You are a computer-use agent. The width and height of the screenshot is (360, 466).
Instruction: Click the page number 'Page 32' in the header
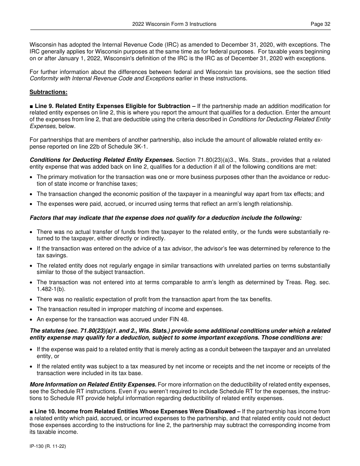tap(320, 24)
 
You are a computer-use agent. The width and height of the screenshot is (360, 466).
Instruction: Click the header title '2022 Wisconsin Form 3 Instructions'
tap(174, 24)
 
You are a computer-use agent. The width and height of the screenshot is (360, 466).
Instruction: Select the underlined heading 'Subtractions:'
tap(49, 92)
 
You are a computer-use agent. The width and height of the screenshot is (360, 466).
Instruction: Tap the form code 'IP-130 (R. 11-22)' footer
tap(48, 447)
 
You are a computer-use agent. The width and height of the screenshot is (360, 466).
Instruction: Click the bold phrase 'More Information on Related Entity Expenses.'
tap(93, 385)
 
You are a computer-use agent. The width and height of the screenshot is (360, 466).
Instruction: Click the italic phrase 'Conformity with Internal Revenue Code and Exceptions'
tap(102, 78)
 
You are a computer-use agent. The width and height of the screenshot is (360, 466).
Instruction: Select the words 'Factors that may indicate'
tap(63, 218)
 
